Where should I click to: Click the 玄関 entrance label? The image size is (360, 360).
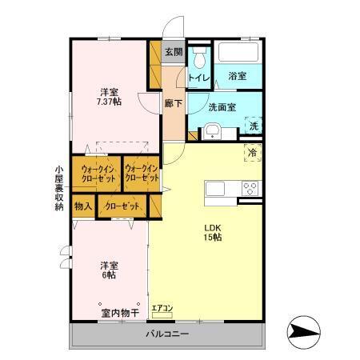pos(174,52)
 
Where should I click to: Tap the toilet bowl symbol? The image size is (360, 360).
pos(201,58)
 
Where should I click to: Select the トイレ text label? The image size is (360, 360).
pos(199,78)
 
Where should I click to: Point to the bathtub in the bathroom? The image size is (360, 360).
pos(239,54)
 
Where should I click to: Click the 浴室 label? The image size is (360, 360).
pos(237,77)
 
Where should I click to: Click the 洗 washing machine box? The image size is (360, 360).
pos(253,126)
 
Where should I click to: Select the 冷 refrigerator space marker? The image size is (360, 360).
pos(253,153)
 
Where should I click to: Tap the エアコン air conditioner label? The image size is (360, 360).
pos(162,307)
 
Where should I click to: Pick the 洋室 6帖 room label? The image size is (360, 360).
pos(109,270)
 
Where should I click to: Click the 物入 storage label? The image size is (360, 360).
pos(83,206)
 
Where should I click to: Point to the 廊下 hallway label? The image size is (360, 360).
pos(173,102)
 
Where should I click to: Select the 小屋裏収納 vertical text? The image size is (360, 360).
pos(59,188)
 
